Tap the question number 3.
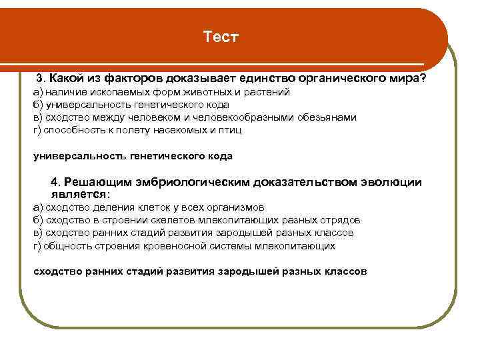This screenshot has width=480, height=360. (39, 79)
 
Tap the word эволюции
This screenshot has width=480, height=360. (391, 183)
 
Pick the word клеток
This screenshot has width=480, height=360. (141, 207)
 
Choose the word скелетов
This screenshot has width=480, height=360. (175, 220)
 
